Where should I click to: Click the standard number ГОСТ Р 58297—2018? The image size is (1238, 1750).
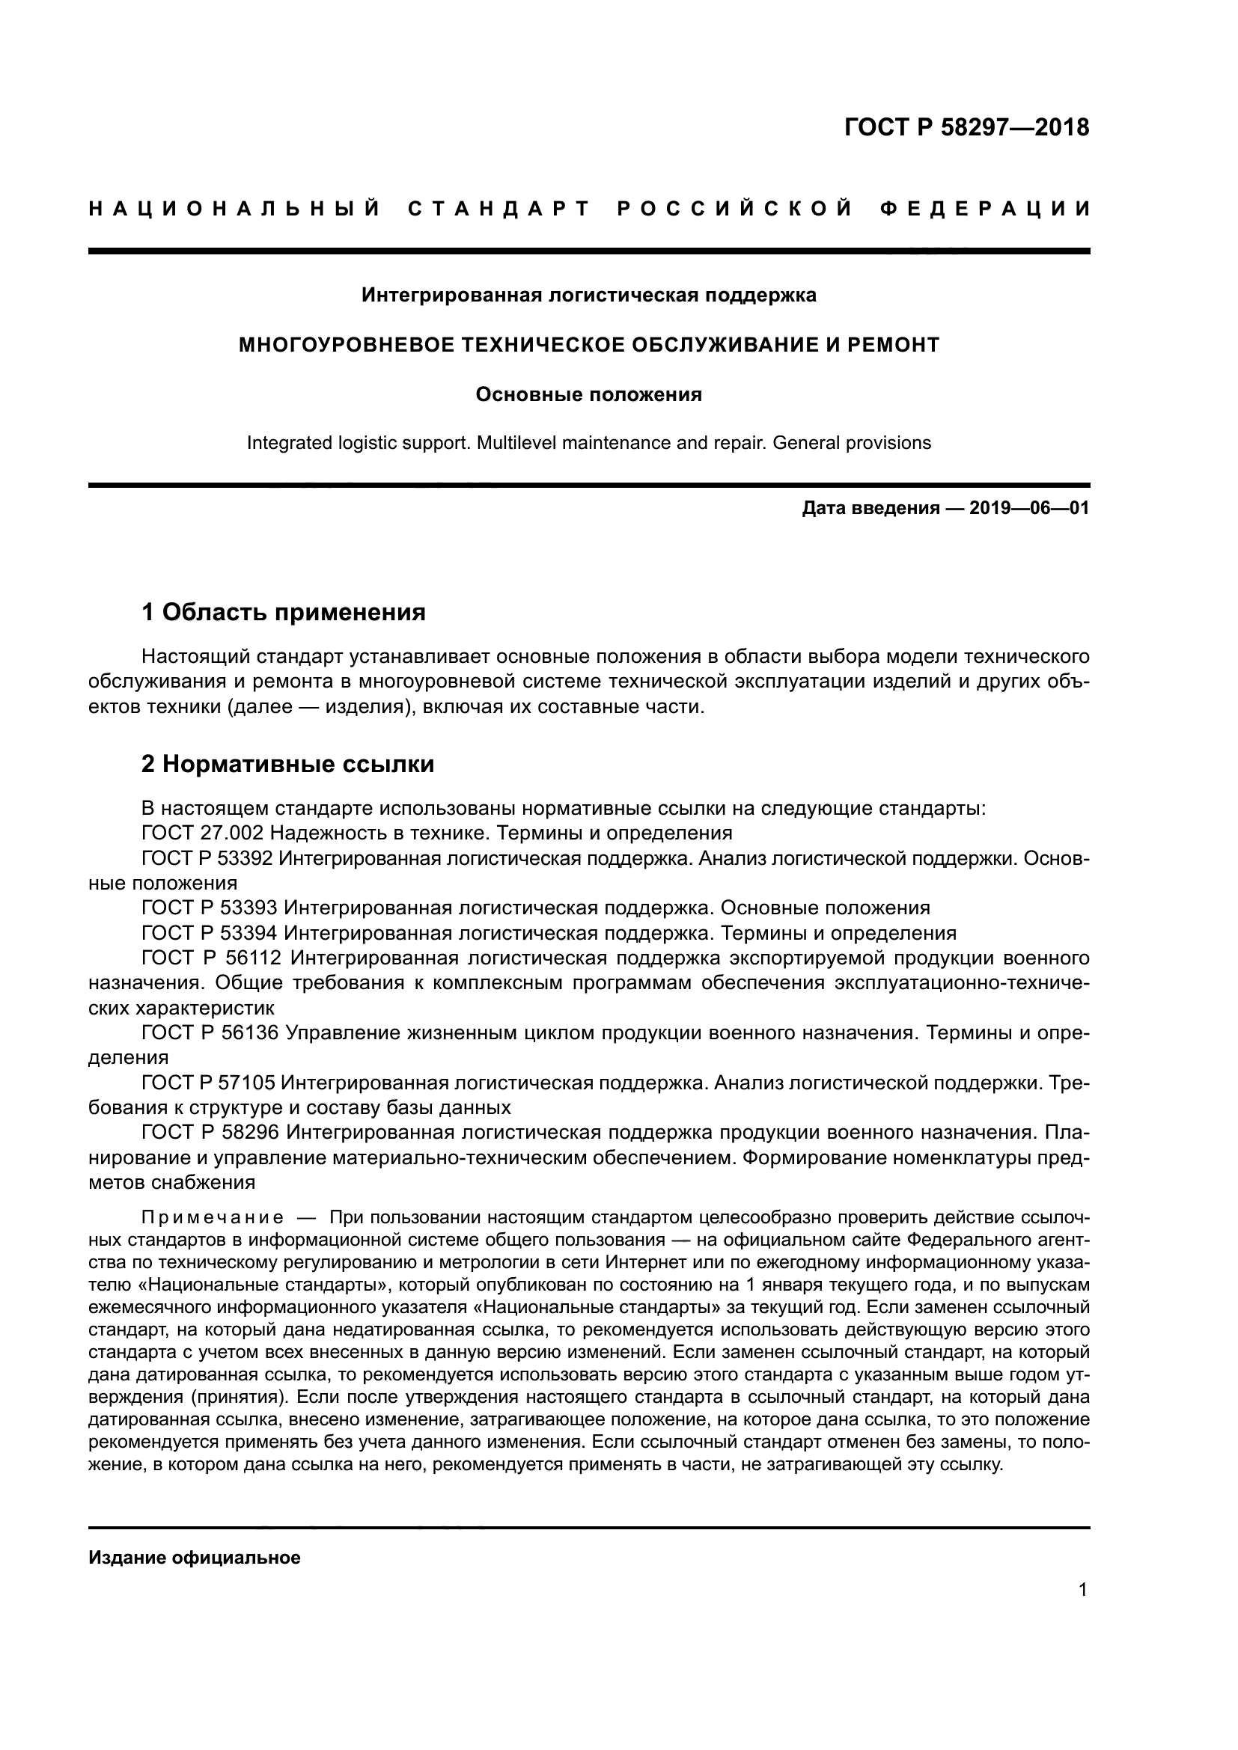point(966,127)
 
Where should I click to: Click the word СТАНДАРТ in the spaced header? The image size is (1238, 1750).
point(499,209)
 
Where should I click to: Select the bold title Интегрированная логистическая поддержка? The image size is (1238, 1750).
point(588,295)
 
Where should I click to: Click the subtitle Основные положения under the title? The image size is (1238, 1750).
point(588,395)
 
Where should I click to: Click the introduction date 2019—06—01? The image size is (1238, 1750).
point(1029,508)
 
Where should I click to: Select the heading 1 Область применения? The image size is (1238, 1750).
point(284,612)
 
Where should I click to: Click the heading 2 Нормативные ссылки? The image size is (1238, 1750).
point(287,764)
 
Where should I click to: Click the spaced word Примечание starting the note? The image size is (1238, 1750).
point(213,1218)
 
